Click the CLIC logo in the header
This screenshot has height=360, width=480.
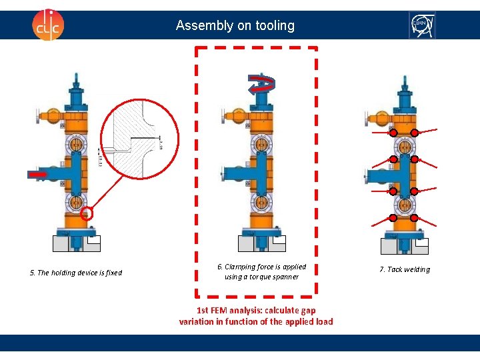pyautogui.click(x=48, y=25)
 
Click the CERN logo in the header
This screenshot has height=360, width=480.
pyautogui.click(x=421, y=25)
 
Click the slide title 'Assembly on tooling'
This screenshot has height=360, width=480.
pyautogui.click(x=235, y=26)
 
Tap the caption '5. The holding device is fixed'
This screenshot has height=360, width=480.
pyautogui.click(x=76, y=273)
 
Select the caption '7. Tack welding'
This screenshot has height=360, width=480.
pyautogui.click(x=405, y=269)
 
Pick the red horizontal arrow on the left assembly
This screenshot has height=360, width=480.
pyautogui.click(x=38, y=174)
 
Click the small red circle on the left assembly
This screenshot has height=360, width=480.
pyautogui.click(x=85, y=215)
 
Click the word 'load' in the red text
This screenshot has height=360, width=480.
pyautogui.click(x=324, y=321)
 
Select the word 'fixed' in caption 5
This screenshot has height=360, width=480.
pyautogui.click(x=113, y=273)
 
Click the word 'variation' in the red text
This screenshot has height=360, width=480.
pyautogui.click(x=197, y=321)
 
